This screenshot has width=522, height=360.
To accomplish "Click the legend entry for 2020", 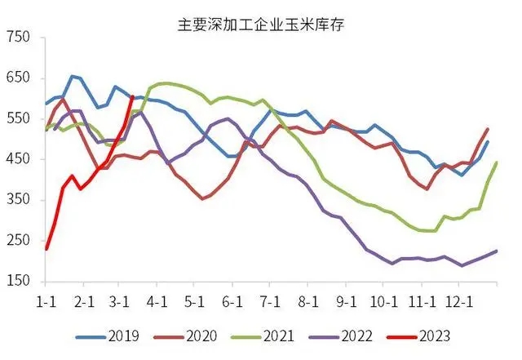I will pos(202,336).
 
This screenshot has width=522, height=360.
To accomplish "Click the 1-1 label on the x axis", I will pos(46,302).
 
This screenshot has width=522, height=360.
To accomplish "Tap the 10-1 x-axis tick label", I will pos(385,302).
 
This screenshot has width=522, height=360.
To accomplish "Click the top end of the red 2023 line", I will pos(132,96).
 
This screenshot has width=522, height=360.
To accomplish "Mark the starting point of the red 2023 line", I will pos(46,248).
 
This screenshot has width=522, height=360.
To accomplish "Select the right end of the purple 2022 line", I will pos(497,251).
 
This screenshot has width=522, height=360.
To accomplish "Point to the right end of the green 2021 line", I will pos(497,163).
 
